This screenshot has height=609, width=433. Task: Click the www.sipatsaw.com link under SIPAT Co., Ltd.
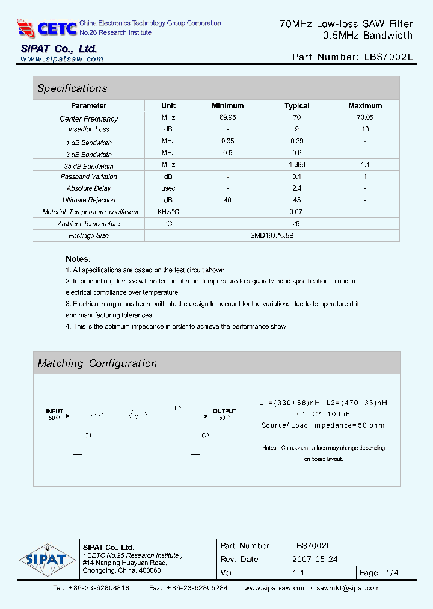(62, 59)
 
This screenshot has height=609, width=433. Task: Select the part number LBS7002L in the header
(388, 57)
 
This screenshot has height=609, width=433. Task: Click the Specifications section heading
(72, 88)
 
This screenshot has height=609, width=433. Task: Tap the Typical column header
(296, 106)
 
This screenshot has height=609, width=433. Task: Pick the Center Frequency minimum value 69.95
(228, 117)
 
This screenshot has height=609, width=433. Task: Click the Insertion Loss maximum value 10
(365, 129)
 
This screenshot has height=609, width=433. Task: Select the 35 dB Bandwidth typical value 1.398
(296, 164)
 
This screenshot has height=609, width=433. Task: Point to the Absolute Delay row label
(89, 188)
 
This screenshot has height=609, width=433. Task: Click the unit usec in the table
(168, 188)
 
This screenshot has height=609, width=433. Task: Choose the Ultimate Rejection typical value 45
(296, 200)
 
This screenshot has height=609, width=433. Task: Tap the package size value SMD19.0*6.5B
(272, 235)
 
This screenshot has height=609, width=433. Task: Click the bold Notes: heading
(78, 259)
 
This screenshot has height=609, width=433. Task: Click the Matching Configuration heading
(97, 363)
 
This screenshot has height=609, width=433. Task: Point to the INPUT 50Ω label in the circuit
(55, 415)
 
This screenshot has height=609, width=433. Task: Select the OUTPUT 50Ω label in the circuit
(224, 415)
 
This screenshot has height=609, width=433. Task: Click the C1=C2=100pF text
(324, 414)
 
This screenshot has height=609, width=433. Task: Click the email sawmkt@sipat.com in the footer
(348, 588)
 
